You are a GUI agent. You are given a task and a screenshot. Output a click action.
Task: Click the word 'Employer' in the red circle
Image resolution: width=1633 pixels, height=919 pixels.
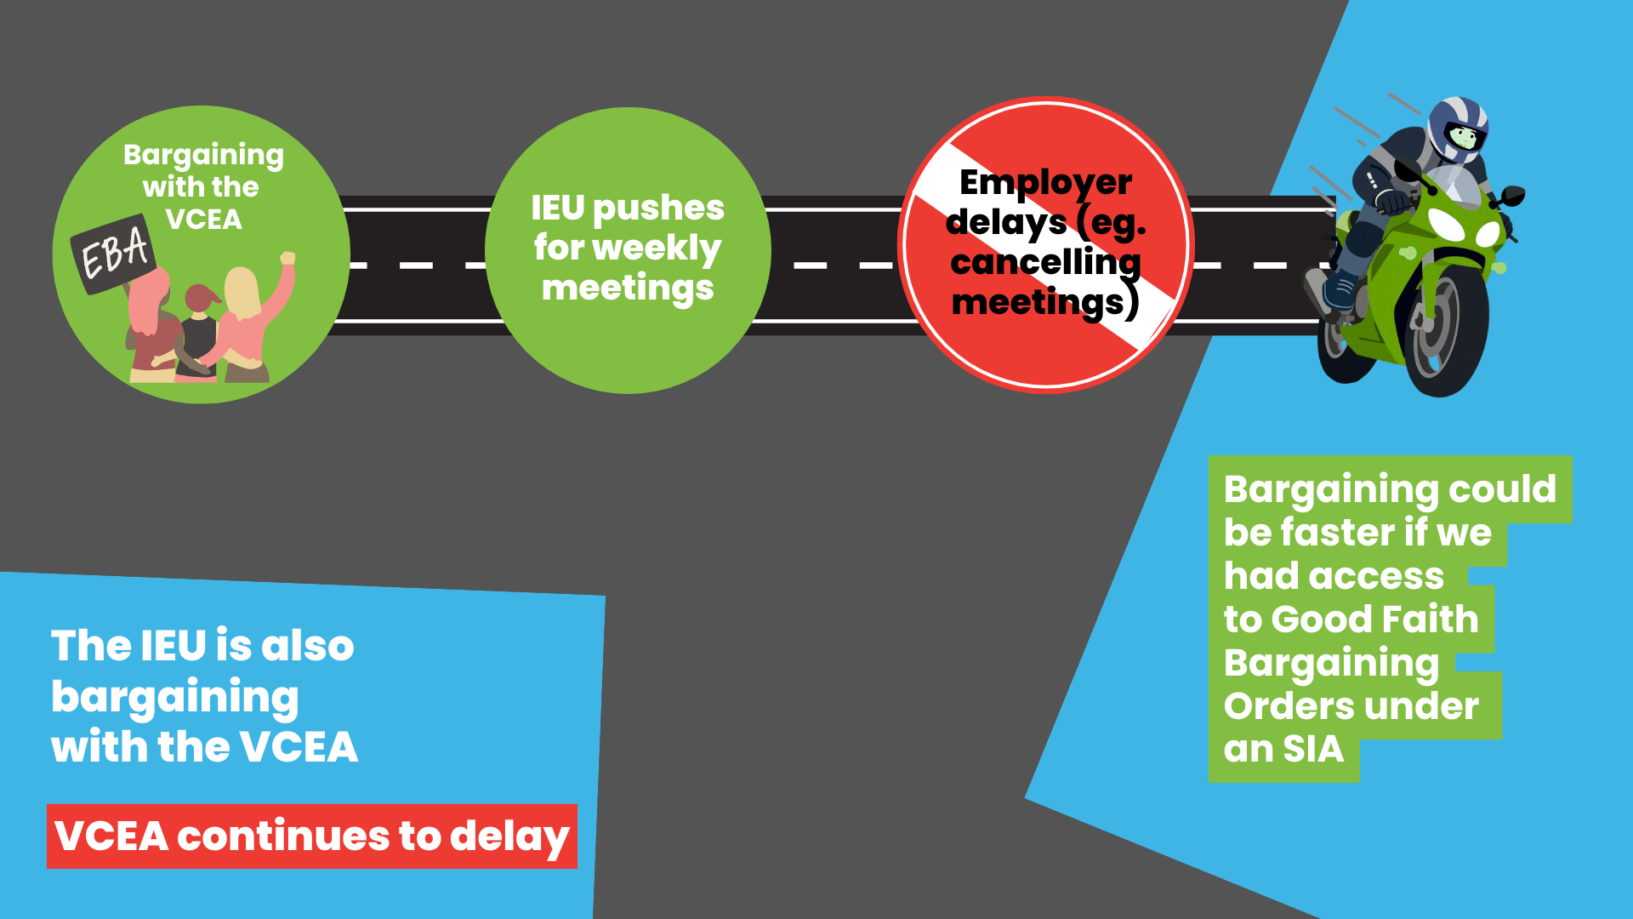(1045, 183)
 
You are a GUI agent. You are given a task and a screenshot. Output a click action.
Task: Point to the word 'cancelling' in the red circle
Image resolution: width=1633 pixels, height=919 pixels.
(1045, 262)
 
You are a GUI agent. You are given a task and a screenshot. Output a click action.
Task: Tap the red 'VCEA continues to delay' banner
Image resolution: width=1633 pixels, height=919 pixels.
(312, 836)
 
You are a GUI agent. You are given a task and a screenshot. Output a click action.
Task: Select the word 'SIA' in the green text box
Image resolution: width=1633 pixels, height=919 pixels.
(1313, 749)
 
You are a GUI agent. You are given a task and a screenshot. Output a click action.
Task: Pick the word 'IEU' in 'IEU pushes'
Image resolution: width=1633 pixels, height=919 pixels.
(558, 208)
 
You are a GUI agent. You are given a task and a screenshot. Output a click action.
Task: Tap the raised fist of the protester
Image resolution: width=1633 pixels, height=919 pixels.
(287, 258)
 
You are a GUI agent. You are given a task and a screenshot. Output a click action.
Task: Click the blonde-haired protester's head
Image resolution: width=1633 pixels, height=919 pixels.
(242, 289)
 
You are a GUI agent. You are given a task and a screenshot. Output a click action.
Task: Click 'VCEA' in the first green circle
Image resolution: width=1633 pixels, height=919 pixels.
(203, 220)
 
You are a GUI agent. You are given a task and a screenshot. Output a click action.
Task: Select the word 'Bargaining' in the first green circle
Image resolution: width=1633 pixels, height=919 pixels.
(203, 155)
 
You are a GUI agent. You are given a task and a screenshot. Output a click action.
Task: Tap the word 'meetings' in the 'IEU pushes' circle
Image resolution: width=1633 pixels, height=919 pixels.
(628, 288)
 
